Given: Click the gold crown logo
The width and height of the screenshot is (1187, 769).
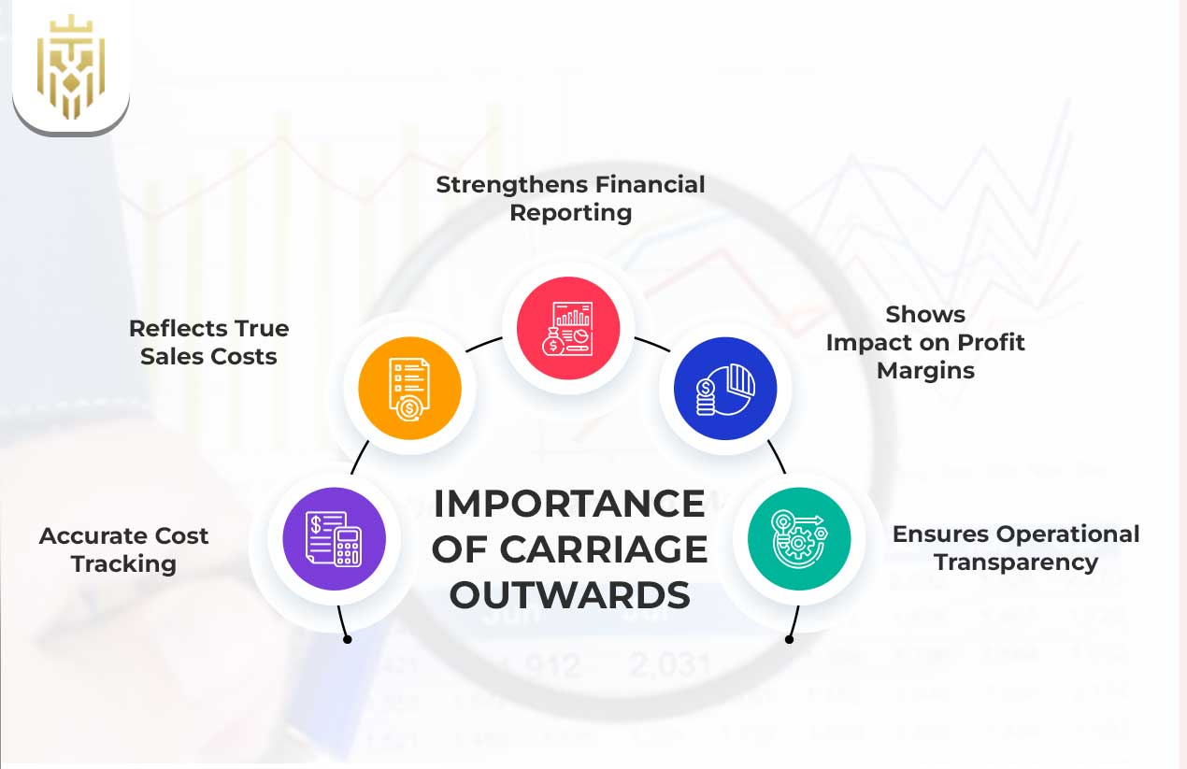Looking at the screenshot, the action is tap(71, 66).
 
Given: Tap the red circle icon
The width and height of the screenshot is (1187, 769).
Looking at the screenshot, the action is tap(568, 328).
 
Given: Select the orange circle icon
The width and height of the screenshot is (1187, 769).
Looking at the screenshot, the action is tap(409, 388).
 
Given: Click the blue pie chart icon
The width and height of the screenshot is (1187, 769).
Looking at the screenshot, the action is tap(725, 388).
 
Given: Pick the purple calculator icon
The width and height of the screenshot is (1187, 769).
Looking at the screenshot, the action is tap(335, 538).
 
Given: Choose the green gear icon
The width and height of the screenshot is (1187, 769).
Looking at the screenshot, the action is tap(799, 538).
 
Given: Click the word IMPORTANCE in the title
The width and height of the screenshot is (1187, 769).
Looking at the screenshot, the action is tap(569, 504).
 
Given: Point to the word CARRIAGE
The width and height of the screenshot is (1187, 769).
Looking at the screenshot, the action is tap(604, 549).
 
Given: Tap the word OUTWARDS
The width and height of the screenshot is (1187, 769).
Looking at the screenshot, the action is tap(569, 595).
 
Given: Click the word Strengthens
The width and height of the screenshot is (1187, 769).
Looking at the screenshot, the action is tap(512, 185).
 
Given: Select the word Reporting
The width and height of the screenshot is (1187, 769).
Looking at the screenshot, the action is tap(571, 213).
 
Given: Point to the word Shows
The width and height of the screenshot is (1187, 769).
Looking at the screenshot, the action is tap(925, 315).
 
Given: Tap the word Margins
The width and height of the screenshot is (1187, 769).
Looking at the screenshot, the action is tap(925, 371).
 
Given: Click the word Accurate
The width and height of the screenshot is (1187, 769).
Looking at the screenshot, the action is tap(87, 536).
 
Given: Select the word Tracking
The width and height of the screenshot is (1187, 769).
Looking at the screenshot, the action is tap(124, 564).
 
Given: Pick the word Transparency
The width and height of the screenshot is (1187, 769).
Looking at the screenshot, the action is tap(1016, 563).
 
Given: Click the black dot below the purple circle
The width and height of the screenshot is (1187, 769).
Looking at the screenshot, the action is tap(348, 640).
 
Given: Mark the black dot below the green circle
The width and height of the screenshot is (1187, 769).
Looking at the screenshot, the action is tap(789, 640).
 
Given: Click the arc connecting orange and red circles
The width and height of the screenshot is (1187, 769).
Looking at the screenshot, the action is tap(483, 343).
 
